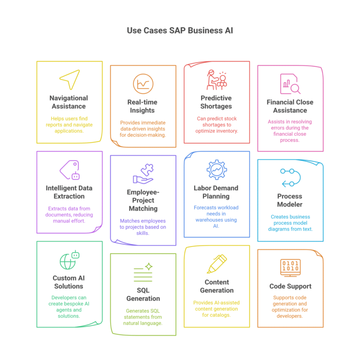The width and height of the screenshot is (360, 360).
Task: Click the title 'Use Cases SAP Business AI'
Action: [x=180, y=30]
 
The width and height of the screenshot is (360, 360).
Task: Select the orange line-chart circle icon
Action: [x=143, y=84]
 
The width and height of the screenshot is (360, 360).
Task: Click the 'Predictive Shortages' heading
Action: [x=216, y=102]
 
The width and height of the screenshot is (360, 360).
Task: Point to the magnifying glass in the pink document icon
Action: [x=295, y=89]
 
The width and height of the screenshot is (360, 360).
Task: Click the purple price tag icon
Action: [x=69, y=170]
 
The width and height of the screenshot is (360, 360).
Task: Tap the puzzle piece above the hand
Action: [x=147, y=170]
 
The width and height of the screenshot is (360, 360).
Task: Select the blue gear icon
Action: [x=217, y=170]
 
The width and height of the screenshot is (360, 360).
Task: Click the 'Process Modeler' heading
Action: [x=290, y=200]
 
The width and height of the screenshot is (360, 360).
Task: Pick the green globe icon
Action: [x=67, y=262]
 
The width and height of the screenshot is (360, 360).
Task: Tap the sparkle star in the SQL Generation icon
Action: [x=149, y=267]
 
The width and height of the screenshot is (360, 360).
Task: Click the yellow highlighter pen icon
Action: [x=217, y=264]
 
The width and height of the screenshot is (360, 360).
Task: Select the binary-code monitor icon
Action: [x=291, y=267]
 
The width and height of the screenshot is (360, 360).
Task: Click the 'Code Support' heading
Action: [x=290, y=286]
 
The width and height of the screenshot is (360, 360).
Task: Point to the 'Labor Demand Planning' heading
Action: [x=216, y=192]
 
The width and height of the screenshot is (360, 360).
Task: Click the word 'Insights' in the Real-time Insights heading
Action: [x=142, y=111]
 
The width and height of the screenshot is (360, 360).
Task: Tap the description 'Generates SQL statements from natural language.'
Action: [x=143, y=317]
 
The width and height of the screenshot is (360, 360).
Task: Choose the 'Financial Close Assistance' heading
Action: [x=290, y=106]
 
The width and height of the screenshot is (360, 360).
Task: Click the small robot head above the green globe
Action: [x=75, y=255]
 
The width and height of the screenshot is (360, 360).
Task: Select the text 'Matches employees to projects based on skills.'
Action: [x=143, y=227]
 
